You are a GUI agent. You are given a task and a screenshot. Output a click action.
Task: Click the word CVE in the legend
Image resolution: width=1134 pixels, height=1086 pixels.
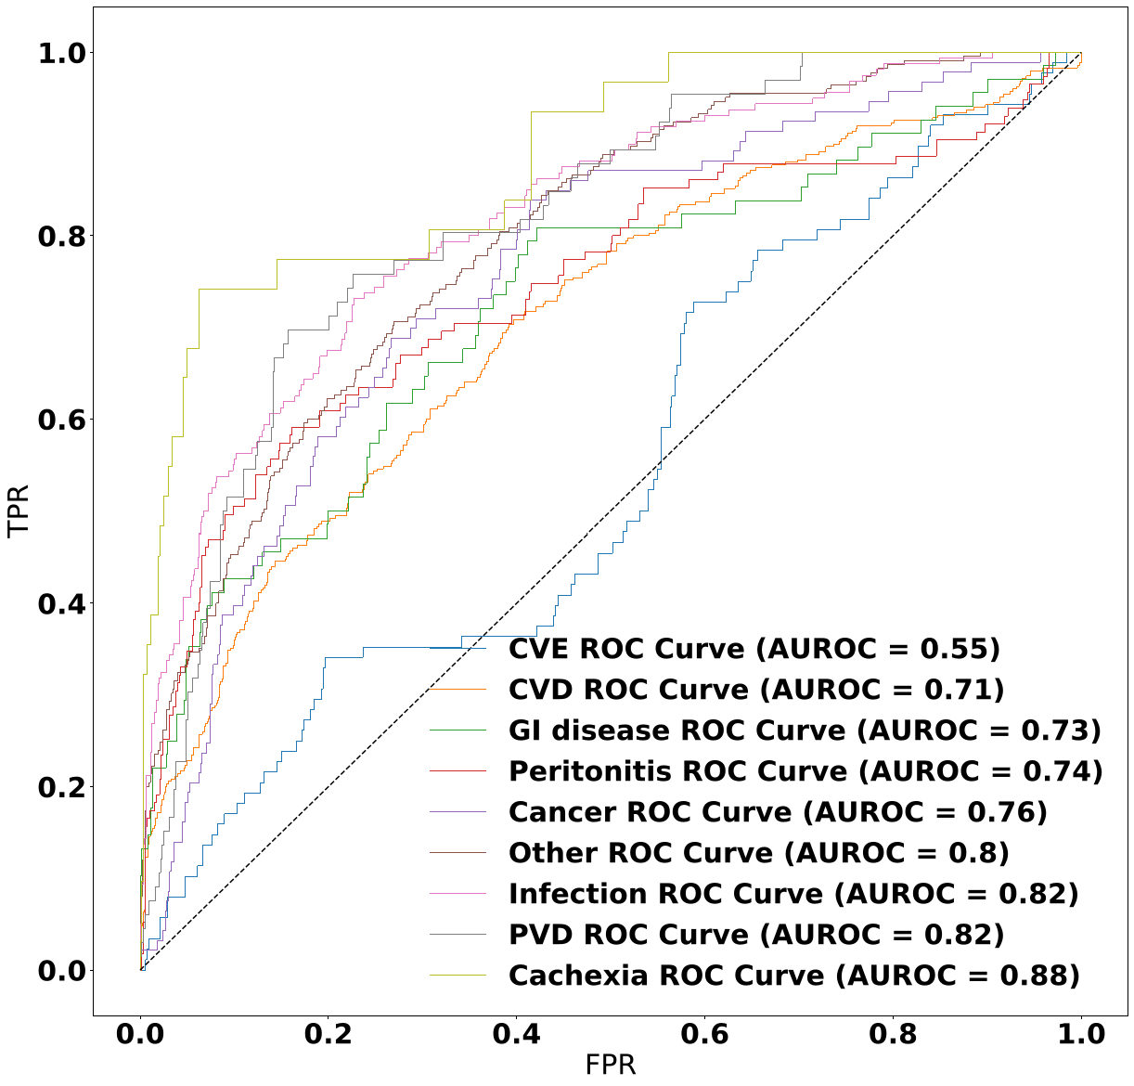point(538,649)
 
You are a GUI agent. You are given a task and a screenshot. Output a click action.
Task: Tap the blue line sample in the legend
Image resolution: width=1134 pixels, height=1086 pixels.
point(457,649)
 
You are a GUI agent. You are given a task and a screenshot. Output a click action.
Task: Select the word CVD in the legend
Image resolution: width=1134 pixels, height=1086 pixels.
point(539,690)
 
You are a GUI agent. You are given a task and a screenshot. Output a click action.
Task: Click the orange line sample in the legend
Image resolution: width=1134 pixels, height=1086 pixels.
point(457,690)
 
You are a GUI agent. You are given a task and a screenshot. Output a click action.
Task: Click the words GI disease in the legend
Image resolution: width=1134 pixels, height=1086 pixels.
point(590,730)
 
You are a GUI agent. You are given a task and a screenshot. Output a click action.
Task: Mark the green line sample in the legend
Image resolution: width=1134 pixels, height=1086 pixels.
point(457,730)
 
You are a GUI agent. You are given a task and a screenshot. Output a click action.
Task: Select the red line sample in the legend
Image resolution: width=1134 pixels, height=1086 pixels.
point(457,771)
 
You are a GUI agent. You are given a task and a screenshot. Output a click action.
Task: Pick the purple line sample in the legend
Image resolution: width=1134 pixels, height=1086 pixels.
point(457,812)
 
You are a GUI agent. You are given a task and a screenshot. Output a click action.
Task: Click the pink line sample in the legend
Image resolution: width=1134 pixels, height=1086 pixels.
point(457,894)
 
